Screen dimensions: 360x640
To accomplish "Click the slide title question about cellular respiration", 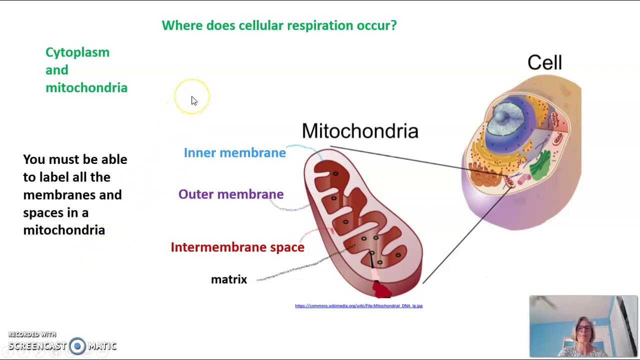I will [x=279, y=25].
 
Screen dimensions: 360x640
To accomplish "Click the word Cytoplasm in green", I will [x=77, y=52].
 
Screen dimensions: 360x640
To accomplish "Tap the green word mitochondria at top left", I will [x=86, y=88].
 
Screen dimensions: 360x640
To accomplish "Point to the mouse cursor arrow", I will [x=193, y=100].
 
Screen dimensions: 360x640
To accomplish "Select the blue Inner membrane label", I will [x=234, y=153].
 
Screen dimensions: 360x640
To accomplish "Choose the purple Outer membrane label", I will [x=230, y=194].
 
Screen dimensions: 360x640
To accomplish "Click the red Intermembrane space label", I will [x=237, y=247].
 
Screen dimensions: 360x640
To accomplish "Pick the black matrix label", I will [x=228, y=279].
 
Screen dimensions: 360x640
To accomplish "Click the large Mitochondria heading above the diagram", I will [x=360, y=131].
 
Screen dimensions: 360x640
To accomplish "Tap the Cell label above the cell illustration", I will [x=544, y=63].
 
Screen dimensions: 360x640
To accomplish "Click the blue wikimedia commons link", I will [x=358, y=306].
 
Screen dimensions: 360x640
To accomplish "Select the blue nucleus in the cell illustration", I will [x=506, y=117].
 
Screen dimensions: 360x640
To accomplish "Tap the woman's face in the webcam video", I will [x=583, y=331].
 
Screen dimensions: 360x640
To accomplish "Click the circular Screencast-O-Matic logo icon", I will [x=77, y=346].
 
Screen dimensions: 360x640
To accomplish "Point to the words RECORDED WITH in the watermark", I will [x=32, y=334].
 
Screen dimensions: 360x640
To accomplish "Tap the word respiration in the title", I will [x=320, y=25].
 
